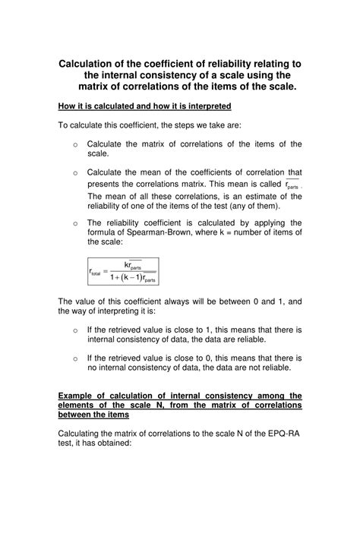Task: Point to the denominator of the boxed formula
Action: click(132, 279)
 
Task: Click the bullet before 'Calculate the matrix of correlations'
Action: click(75, 144)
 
